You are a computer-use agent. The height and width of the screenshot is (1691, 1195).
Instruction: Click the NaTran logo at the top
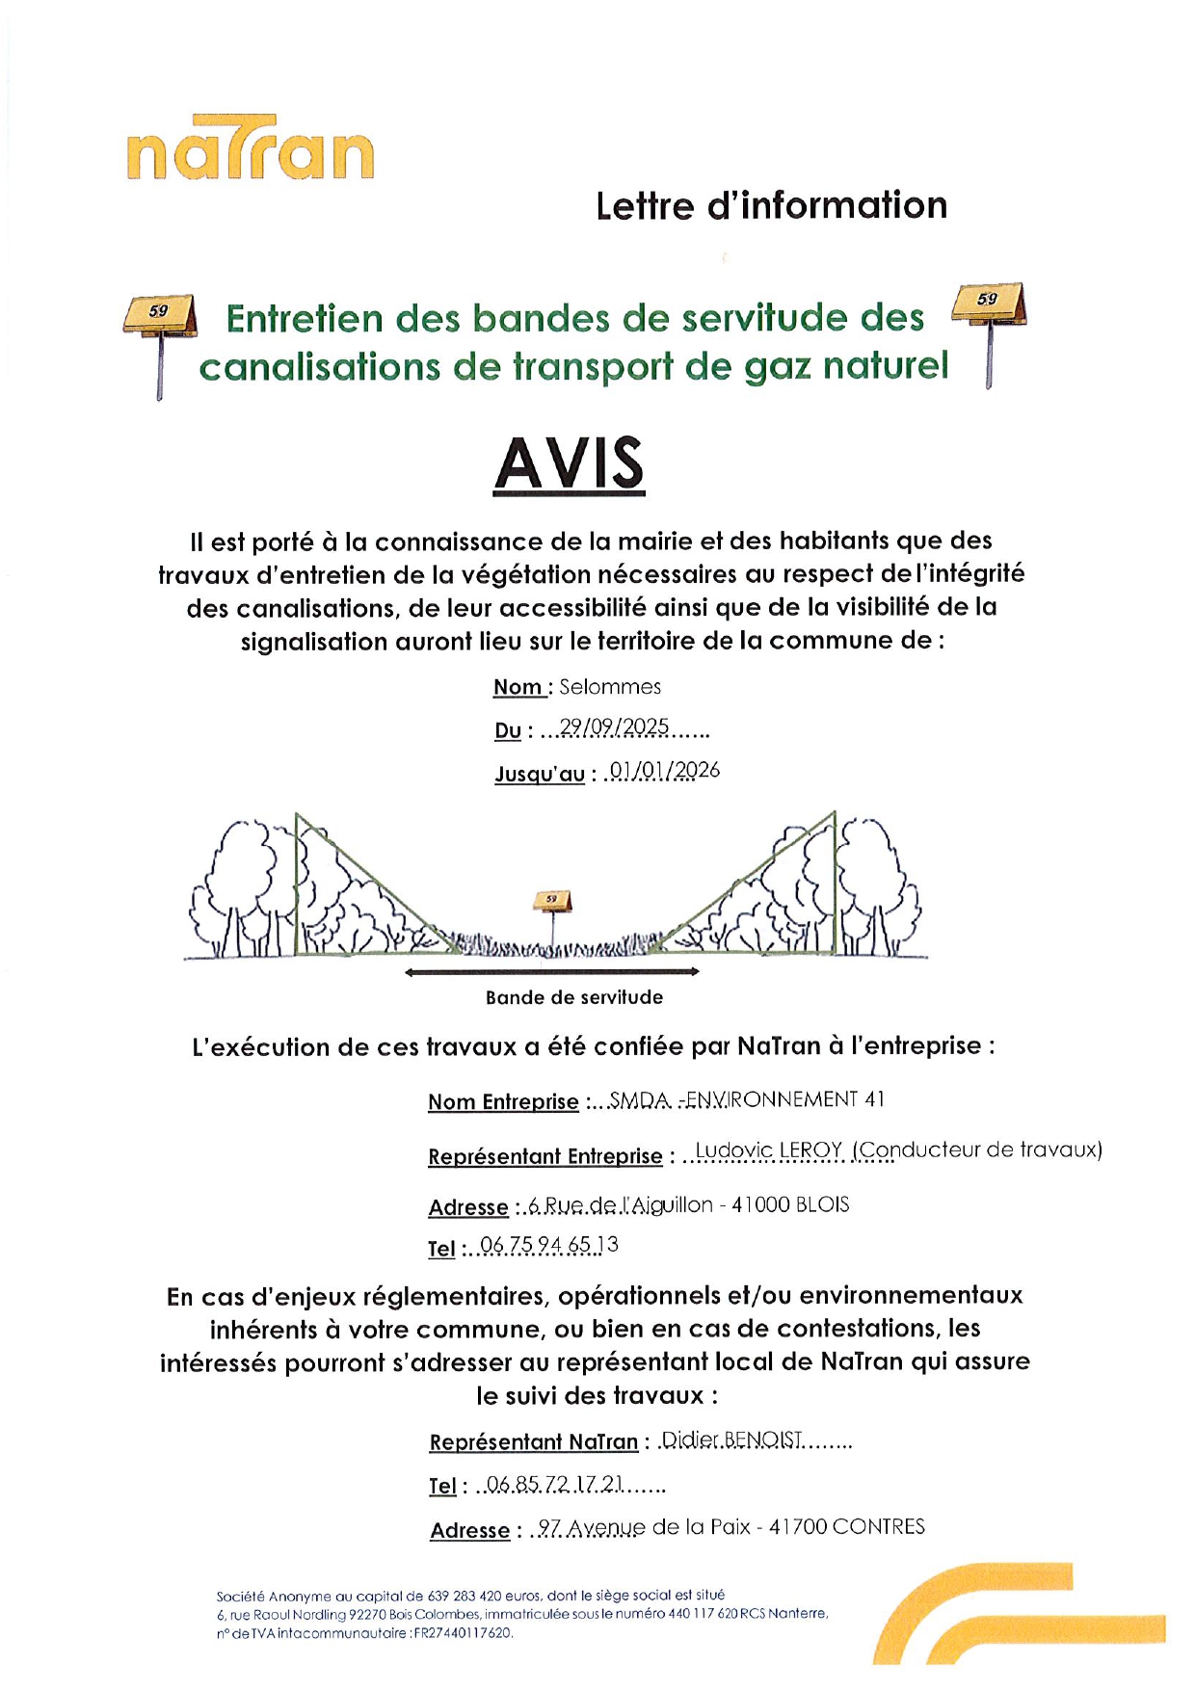250,149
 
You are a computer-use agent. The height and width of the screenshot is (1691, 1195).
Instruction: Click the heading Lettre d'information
771,206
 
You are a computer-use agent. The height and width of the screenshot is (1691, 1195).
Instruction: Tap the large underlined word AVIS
569,464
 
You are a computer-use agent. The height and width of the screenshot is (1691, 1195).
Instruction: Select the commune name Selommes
610,687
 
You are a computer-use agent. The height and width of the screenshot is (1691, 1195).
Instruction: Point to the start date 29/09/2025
614,727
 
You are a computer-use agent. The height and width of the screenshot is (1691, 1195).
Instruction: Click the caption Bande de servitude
574,998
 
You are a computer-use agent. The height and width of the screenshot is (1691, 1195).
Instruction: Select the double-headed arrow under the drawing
552,972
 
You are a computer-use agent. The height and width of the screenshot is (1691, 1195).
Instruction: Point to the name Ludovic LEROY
769,1150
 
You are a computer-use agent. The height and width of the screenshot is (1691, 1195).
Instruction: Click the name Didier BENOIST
732,1440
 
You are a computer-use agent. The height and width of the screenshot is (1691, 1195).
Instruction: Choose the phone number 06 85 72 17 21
555,1485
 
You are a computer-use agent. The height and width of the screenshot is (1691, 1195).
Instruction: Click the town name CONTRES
878,1527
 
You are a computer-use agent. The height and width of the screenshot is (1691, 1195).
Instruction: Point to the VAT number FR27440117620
464,1633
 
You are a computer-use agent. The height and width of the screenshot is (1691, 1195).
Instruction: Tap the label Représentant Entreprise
545,1156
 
